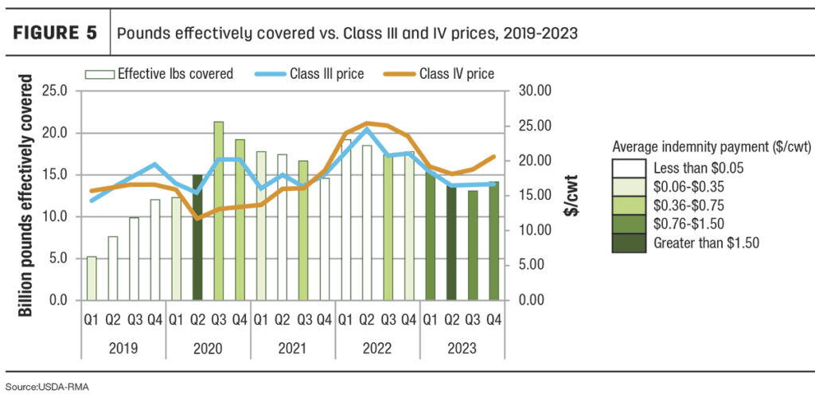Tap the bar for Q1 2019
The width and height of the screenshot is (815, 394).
click(92, 278)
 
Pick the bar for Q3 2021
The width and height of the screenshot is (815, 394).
click(302, 231)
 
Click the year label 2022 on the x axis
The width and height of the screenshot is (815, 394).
click(377, 348)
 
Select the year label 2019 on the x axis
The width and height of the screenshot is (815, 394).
click(123, 348)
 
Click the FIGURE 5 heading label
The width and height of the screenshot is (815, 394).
click(54, 33)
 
